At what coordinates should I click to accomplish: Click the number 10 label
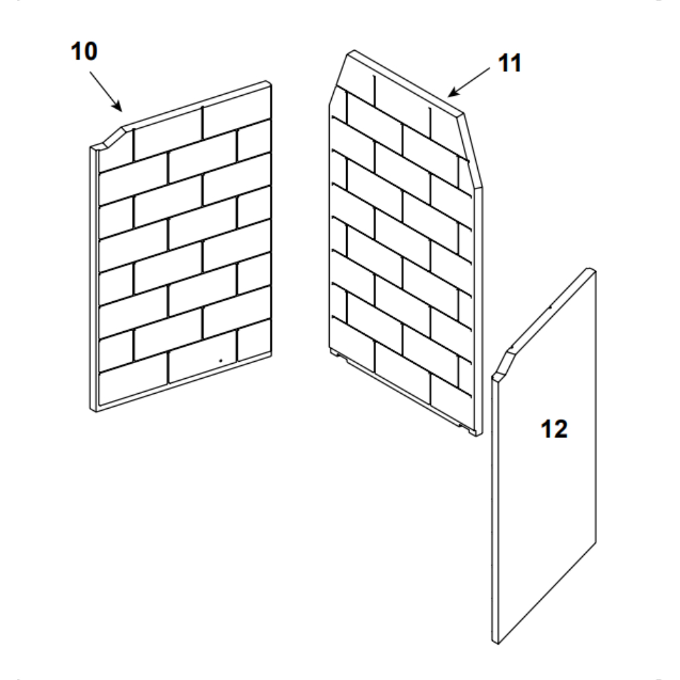(84, 51)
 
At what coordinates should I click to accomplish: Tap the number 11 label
(510, 63)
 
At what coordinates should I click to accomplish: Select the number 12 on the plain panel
(554, 429)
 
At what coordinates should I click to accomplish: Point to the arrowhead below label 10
(117, 106)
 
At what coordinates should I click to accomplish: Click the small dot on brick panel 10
(220, 360)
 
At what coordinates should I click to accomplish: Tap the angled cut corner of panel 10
(112, 138)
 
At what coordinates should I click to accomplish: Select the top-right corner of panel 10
(268, 82)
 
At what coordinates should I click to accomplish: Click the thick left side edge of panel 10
(94, 278)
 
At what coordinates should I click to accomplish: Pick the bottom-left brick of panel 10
(133, 388)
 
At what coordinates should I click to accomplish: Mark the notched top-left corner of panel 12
(503, 364)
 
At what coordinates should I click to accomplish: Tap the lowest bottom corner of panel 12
(496, 643)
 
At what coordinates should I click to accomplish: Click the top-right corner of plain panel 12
(592, 270)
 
